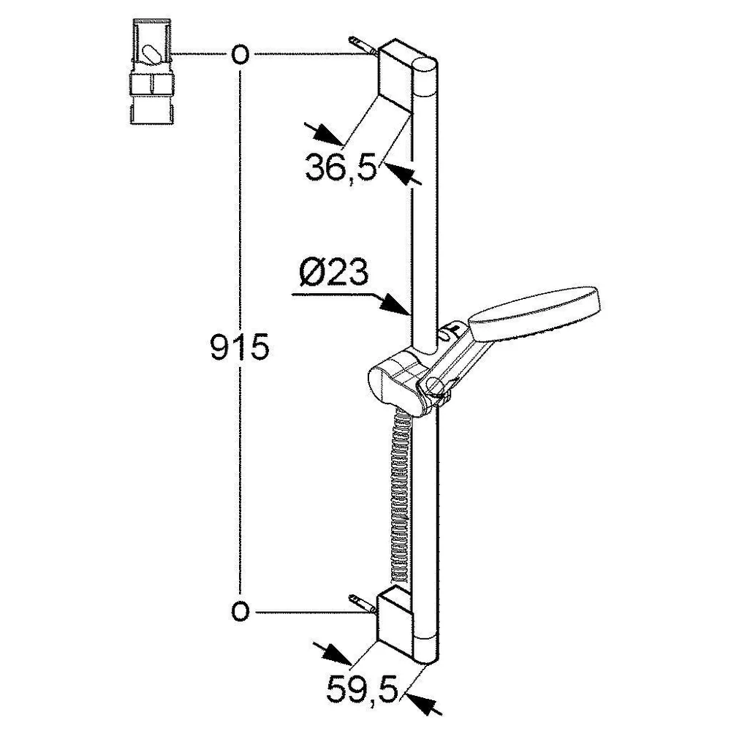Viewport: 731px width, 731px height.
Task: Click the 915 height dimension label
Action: click(240, 346)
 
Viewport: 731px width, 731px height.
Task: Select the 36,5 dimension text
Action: click(341, 167)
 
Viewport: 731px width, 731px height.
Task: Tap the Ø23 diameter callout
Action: click(334, 272)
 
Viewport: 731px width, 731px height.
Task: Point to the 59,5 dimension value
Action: click(361, 689)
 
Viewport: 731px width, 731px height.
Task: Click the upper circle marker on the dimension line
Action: click(240, 55)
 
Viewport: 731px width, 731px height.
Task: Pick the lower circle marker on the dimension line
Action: click(240, 611)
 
